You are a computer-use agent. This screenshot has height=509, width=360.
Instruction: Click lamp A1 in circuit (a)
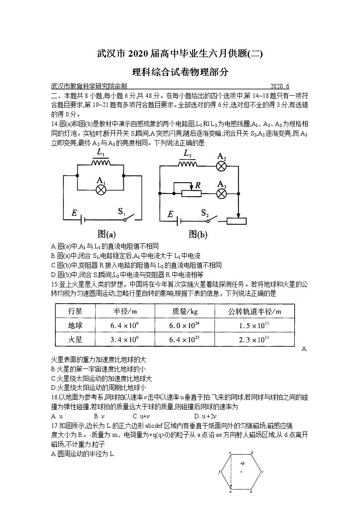click(101, 189)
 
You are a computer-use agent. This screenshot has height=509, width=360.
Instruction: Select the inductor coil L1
click(101, 164)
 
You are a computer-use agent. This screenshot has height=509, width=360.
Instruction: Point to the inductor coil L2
click(187, 165)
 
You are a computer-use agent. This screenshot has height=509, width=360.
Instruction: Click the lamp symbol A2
click(221, 166)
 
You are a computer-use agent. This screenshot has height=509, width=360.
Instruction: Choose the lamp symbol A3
click(221, 193)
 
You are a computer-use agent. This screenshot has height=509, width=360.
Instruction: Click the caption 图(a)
click(107, 234)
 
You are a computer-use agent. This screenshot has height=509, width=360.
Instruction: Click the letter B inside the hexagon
click(243, 463)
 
